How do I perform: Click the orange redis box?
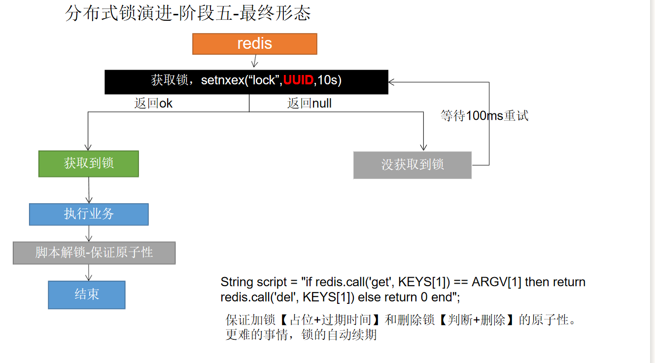pyautogui.click(x=254, y=43)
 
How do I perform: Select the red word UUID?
pyautogui.click(x=298, y=80)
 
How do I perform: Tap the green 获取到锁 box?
pyautogui.click(x=89, y=163)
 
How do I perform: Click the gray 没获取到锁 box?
pyautogui.click(x=413, y=165)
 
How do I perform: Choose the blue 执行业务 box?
pyautogui.click(x=89, y=214)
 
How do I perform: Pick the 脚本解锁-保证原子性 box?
pyautogui.click(x=94, y=253)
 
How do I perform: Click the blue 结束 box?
pyautogui.click(x=87, y=294)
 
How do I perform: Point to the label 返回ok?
pyautogui.click(x=153, y=104)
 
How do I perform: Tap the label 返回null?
pyautogui.click(x=309, y=104)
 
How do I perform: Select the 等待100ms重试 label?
pyautogui.click(x=484, y=116)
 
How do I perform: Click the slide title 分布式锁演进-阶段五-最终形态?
pyautogui.click(x=188, y=14)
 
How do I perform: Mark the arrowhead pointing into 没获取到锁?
pyautogui.click(x=423, y=146)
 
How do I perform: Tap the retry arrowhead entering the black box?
pyautogui.click(x=392, y=82)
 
